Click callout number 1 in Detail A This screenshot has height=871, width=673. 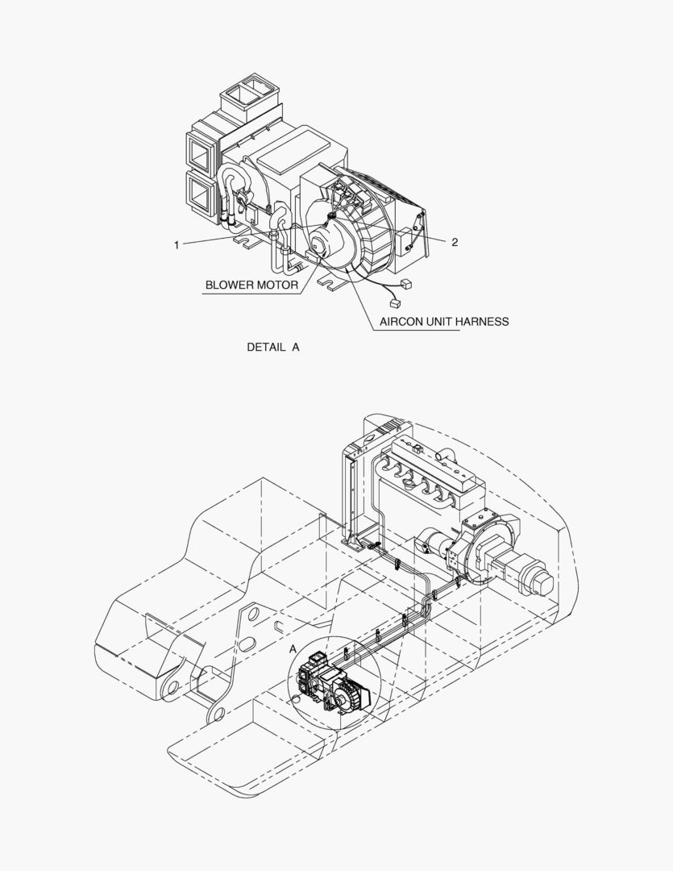(x=177, y=245)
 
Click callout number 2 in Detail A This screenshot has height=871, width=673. (x=455, y=242)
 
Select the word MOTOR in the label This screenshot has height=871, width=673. (x=278, y=285)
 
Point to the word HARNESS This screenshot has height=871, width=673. (x=483, y=322)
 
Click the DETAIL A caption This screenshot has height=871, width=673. (x=273, y=347)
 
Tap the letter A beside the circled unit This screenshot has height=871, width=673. (x=293, y=648)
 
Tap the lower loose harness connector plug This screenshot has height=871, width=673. (x=396, y=302)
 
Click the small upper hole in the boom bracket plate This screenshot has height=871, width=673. (x=252, y=614)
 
